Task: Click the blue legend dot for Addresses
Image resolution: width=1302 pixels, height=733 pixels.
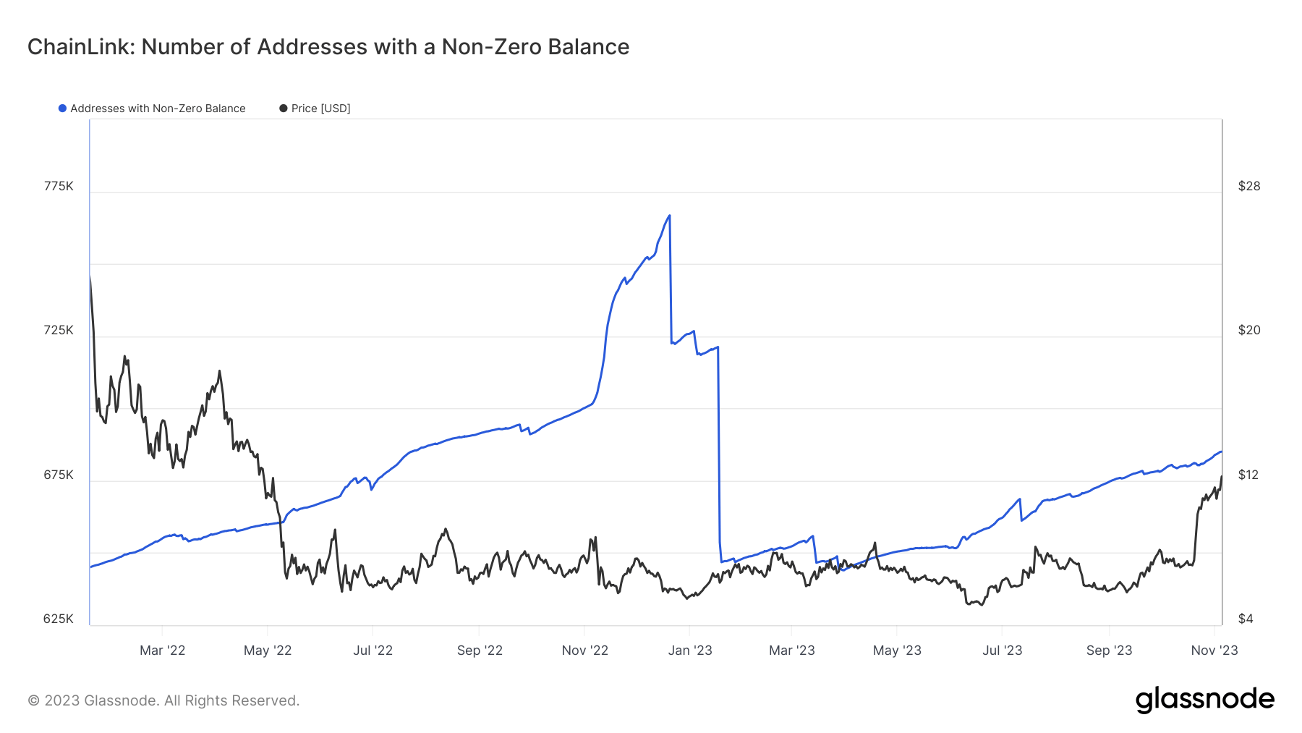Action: coord(63,109)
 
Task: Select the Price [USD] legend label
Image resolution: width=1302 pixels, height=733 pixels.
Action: coord(320,109)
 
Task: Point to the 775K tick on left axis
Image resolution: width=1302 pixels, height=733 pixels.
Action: coord(59,186)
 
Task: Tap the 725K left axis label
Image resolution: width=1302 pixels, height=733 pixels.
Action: coord(59,330)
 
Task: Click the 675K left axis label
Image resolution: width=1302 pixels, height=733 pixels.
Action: coord(59,475)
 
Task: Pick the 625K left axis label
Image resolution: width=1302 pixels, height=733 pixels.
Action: coord(59,619)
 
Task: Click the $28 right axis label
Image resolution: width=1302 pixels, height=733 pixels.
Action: coord(1249,186)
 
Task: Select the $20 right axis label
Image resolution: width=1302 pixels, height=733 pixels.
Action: coord(1249,330)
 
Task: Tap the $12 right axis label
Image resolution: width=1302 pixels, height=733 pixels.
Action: coord(1248,475)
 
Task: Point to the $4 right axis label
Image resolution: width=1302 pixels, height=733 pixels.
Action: coord(1246,619)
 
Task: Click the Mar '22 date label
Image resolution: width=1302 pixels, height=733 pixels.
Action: coord(162,651)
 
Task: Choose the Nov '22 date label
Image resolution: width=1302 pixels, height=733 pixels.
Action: coord(584,651)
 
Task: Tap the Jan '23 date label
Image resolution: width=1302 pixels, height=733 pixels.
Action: coord(690,651)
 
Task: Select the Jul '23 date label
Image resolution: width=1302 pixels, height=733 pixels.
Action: coord(1002,651)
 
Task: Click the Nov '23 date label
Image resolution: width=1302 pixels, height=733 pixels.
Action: coord(1214,651)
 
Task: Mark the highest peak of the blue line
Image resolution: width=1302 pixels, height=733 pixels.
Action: coord(669,216)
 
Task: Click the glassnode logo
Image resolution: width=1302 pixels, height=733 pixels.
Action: coord(1205,700)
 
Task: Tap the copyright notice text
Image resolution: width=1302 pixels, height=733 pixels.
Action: coord(163,700)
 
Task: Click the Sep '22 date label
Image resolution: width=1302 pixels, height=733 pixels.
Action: coord(480,651)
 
